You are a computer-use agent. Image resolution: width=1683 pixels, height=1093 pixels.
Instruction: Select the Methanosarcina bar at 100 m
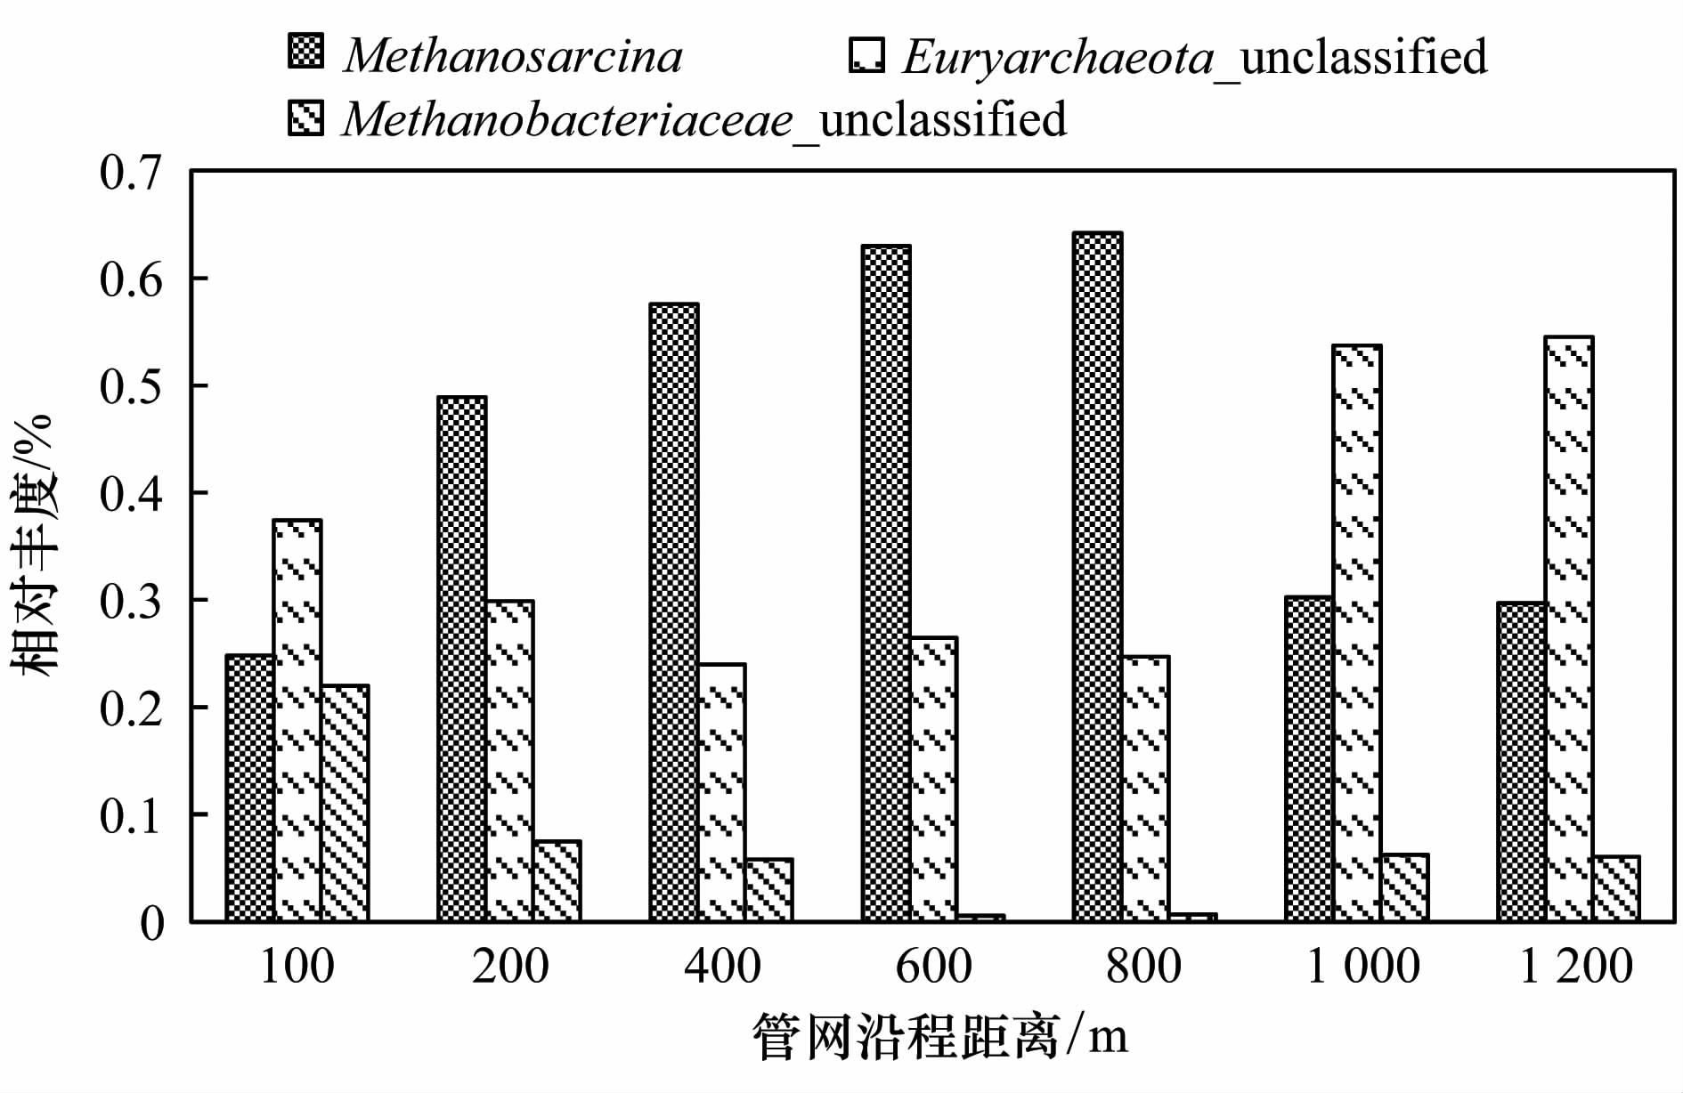pyautogui.click(x=249, y=788)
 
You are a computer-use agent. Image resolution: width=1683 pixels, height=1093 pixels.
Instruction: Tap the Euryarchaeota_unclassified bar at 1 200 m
pyautogui.click(x=1569, y=628)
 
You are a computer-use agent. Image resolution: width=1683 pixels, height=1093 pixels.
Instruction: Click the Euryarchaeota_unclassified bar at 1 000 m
pyautogui.click(x=1357, y=633)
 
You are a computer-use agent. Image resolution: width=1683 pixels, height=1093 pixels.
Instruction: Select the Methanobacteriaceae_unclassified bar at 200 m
pyautogui.click(x=557, y=880)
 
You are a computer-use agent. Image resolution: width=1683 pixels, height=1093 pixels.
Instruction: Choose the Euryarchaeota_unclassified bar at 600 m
pyautogui.click(x=933, y=779)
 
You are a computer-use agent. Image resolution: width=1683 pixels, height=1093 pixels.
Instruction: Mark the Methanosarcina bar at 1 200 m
pyautogui.click(x=1521, y=762)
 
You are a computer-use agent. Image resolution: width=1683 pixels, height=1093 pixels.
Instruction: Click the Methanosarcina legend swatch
pyautogui.click(x=306, y=52)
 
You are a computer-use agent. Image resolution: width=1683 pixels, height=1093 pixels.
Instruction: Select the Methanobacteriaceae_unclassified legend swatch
pyautogui.click(x=306, y=117)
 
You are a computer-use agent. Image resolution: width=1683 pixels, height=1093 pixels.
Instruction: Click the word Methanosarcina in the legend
pyautogui.click(x=513, y=55)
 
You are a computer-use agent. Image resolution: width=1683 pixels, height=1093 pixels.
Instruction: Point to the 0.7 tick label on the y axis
pyautogui.click(x=131, y=172)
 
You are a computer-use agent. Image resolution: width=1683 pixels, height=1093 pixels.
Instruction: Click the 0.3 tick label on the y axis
pyautogui.click(x=131, y=602)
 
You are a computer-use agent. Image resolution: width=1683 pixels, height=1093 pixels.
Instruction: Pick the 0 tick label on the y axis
pyautogui.click(x=152, y=923)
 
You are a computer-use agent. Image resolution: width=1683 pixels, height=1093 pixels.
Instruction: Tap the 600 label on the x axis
pyautogui.click(x=933, y=967)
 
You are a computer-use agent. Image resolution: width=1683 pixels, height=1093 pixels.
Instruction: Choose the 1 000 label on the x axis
pyautogui.click(x=1362, y=967)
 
